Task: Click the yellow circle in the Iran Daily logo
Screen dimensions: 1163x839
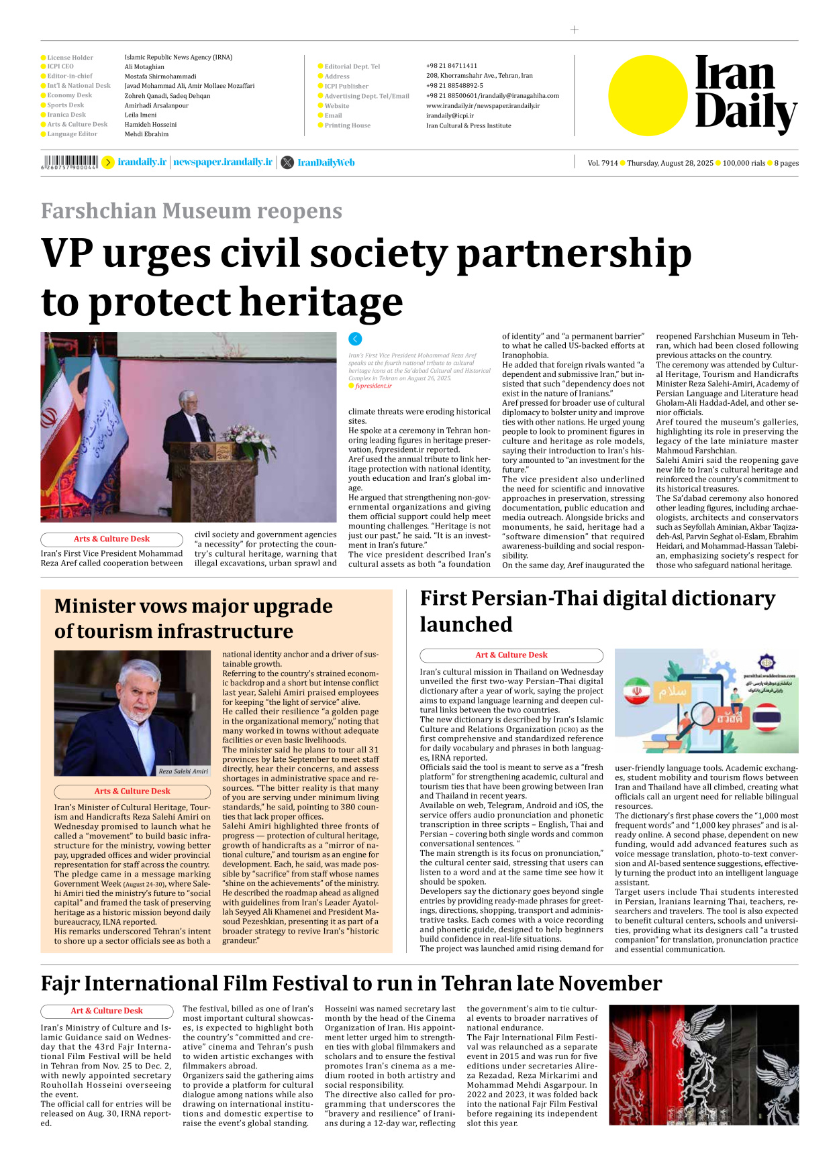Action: (648, 95)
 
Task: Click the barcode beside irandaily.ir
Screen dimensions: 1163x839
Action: (69, 162)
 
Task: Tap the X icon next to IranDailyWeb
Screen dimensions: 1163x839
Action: (287, 162)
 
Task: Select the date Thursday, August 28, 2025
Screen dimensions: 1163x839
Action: (669, 163)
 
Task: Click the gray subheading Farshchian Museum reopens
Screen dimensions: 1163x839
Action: (191, 211)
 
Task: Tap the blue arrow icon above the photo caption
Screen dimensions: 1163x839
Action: (355, 339)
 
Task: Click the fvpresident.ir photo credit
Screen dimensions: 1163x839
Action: (373, 386)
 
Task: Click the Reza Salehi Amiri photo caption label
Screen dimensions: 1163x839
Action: (183, 771)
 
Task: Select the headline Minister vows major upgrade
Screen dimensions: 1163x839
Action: (193, 606)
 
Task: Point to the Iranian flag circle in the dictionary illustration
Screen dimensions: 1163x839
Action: (636, 691)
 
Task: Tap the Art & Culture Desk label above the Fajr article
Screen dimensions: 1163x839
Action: (107, 1011)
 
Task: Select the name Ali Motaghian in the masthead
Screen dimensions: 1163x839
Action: (144, 67)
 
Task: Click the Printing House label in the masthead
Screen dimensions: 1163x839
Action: (347, 125)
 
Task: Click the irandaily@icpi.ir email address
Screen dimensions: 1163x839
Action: (450, 115)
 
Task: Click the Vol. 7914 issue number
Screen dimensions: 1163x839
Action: (602, 163)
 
